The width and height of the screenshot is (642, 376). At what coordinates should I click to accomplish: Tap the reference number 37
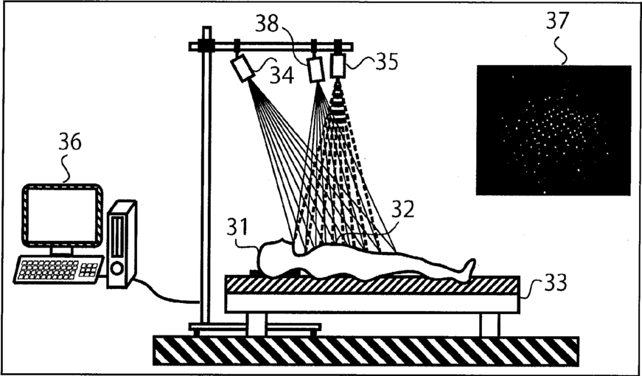[x=557, y=21]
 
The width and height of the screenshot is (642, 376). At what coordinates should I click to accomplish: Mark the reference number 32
[x=402, y=210]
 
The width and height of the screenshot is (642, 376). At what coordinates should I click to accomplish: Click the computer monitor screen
[x=62, y=215]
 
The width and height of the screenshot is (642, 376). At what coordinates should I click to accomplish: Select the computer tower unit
[x=121, y=243]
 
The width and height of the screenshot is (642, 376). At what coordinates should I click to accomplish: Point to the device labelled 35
[x=338, y=66]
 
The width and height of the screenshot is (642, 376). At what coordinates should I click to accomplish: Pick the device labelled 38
[x=316, y=69]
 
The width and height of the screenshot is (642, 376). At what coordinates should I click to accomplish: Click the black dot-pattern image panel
[x=553, y=130]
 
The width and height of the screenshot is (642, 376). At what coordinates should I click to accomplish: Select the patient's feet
[x=466, y=269]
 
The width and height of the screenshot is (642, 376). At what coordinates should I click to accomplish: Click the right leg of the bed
[x=489, y=324]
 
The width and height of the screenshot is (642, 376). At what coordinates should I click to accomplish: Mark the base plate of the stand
[x=254, y=327]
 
